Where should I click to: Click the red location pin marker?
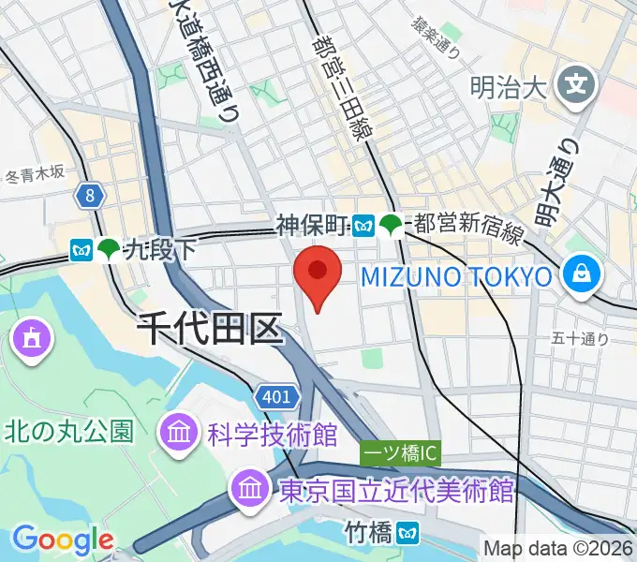[x=317, y=274]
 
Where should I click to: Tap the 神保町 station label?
[x=312, y=224]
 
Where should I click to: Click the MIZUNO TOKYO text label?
[x=455, y=276]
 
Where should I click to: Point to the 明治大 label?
[x=508, y=89]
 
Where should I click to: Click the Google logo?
[x=62, y=539]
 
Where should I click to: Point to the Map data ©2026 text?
[x=559, y=548]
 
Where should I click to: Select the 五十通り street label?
[x=581, y=339]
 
